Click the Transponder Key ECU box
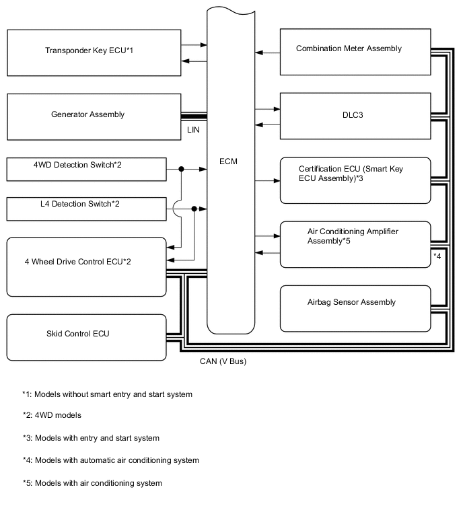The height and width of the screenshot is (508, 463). (94, 51)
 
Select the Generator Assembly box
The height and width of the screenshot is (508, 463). (94, 115)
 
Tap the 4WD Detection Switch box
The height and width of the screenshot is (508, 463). (86, 170)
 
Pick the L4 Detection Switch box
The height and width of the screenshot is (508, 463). (86, 209)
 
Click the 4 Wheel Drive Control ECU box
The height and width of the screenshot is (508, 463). (86, 266)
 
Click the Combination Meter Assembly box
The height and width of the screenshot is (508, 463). (355, 52)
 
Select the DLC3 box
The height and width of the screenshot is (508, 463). (355, 115)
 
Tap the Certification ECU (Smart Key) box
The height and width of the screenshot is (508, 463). (355, 180)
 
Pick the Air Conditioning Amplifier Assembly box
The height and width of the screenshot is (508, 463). (355, 244)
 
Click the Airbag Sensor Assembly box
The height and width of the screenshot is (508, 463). (355, 307)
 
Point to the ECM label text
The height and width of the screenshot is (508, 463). (228, 162)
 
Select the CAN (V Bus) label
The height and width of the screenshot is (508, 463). (223, 361)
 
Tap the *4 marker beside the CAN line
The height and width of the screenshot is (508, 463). (437, 256)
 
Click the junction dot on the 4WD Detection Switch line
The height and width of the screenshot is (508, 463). (181, 170)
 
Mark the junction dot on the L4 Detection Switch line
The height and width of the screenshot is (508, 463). (194, 209)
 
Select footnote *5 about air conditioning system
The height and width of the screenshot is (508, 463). (92, 483)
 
